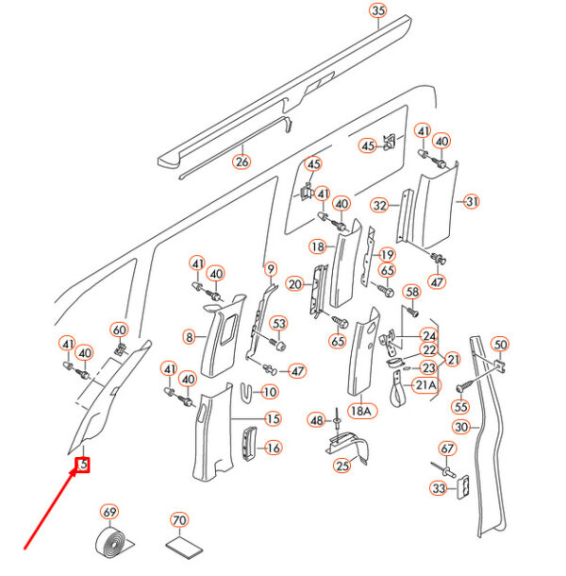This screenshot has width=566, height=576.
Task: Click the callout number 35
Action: (x=378, y=11)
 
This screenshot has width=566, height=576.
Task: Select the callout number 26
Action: (x=242, y=161)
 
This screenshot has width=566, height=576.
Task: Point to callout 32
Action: (x=379, y=205)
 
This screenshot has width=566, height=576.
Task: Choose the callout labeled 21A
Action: (x=426, y=384)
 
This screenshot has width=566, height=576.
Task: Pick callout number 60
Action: (x=119, y=330)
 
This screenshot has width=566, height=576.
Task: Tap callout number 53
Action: (x=278, y=324)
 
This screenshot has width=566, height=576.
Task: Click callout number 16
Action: (x=273, y=449)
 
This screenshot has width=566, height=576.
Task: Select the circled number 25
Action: (x=343, y=465)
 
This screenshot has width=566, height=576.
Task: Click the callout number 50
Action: (x=500, y=345)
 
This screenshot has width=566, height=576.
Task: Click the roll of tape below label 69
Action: (x=114, y=545)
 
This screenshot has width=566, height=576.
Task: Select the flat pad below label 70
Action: (x=179, y=548)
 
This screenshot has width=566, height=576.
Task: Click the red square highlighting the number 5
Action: (x=83, y=465)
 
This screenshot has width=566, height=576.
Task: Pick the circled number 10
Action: (x=269, y=392)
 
